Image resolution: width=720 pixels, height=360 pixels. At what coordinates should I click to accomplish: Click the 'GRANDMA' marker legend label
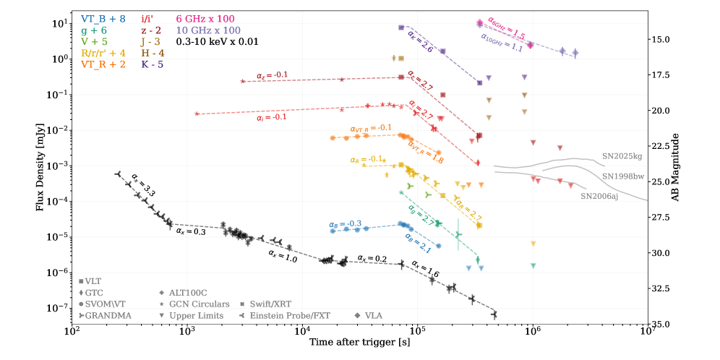107,315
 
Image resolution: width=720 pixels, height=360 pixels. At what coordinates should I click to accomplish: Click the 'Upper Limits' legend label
195,315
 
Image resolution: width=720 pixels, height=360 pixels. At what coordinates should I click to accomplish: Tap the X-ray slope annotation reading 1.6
425,269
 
